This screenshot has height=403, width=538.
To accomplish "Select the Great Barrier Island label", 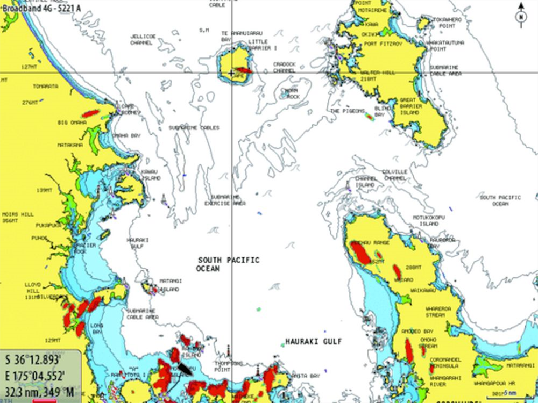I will (411, 106).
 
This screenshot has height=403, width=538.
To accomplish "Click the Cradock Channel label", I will (284, 67).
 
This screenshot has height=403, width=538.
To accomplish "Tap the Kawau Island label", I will (150, 175).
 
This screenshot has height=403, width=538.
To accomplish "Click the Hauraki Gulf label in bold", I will (314, 341).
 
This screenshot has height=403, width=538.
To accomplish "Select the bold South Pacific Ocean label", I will (228, 264).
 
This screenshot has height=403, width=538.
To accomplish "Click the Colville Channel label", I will (395, 175).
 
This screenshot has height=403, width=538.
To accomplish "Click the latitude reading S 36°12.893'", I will (40, 359).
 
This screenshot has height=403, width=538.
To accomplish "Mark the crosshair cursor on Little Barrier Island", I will (231, 72).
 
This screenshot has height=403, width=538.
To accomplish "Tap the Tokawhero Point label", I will (447, 22).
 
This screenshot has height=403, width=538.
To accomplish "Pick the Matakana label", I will (70, 145).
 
